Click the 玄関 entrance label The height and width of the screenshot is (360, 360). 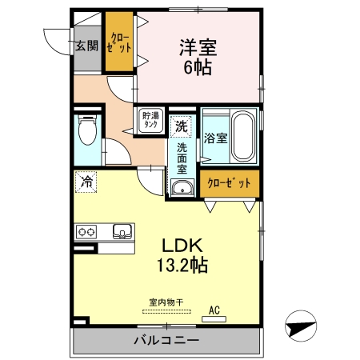coord(87,45)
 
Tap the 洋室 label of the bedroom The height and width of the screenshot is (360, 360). coord(196,48)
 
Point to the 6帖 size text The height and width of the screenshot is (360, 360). coord(196,68)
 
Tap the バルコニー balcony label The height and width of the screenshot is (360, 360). coord(166,341)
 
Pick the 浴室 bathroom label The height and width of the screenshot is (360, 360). coord(216,138)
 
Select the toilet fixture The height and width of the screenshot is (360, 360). coord(87,132)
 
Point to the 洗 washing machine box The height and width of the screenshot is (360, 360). coord(182,126)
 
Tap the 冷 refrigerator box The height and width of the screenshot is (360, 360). coord(86,181)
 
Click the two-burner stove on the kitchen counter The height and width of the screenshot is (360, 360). coord(86,232)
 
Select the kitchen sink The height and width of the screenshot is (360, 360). coord(122,232)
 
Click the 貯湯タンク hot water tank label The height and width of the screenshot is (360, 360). coord(150,122)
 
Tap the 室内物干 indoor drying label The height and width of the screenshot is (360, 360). coord(166,302)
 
